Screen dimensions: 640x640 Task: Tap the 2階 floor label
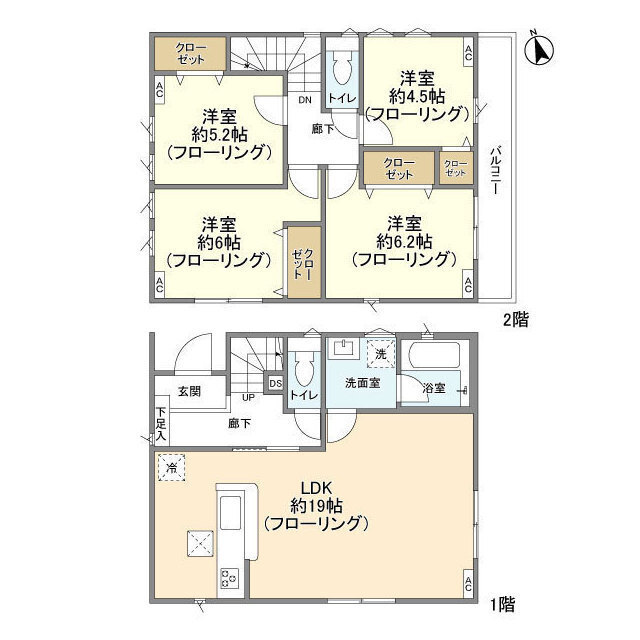(x=516, y=320)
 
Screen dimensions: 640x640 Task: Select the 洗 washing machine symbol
(x=380, y=352)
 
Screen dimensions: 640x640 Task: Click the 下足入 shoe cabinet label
(x=160, y=424)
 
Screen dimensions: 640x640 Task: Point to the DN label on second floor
(x=305, y=100)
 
